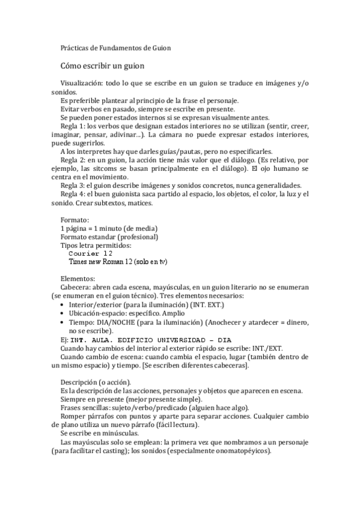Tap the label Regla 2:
(x=75, y=161)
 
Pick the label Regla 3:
(x=75, y=186)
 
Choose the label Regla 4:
(x=75, y=195)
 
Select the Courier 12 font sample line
(x=87, y=253)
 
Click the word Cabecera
(x=75, y=288)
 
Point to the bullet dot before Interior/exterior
(x=64, y=306)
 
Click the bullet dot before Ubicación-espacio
(x=64, y=314)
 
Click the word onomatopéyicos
(x=242, y=451)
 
